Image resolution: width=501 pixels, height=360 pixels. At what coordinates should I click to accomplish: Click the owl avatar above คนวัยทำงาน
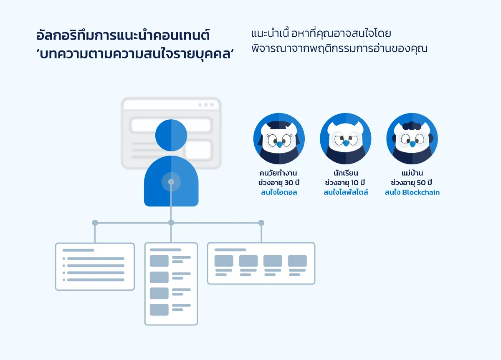click(x=279, y=138)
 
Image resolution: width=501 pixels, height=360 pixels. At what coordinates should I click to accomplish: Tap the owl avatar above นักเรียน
click(x=345, y=138)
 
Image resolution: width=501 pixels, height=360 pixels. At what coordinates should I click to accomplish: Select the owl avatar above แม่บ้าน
click(x=412, y=138)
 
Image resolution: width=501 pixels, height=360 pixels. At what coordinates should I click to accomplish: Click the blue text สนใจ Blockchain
click(x=412, y=192)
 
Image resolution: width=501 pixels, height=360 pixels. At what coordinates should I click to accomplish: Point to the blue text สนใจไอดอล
click(x=279, y=192)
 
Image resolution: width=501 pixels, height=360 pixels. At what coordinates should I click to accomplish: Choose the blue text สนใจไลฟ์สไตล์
click(x=346, y=192)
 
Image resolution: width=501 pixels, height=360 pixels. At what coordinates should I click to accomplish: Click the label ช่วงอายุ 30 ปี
click(x=279, y=183)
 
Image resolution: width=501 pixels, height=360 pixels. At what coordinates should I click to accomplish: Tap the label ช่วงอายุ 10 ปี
click(x=345, y=183)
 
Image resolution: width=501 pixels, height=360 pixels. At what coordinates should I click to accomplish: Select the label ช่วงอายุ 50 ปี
click(x=412, y=183)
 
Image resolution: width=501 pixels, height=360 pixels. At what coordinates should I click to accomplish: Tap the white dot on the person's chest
click(x=171, y=182)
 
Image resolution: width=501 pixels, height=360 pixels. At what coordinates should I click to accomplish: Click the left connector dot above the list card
click(x=95, y=223)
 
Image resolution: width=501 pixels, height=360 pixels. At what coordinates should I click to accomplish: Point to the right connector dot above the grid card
click(x=261, y=223)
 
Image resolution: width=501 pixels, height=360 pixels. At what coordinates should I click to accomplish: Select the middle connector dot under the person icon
click(x=171, y=223)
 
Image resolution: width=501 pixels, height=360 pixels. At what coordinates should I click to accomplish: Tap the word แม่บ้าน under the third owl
click(x=412, y=173)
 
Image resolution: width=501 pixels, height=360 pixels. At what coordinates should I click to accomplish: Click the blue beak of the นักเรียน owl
click(x=345, y=143)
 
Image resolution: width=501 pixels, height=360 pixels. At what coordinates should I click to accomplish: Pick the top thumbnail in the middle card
click(x=159, y=261)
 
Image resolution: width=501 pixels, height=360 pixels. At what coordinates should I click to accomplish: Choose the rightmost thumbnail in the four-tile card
click(x=297, y=261)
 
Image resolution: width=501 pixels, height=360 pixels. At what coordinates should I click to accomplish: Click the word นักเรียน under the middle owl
click(x=345, y=173)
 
